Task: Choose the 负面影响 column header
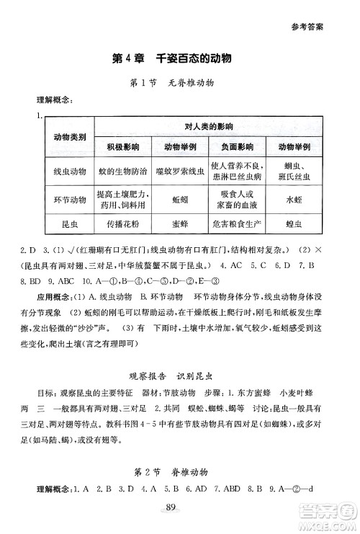click(x=238, y=146)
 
